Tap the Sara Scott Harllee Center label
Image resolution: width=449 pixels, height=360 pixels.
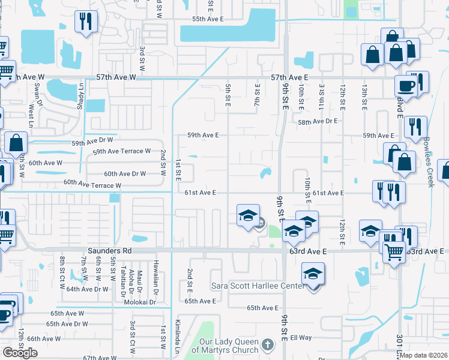point(258,286)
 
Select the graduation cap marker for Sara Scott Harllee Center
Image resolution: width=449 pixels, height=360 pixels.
point(313,274)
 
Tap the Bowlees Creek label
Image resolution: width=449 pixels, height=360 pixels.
point(427,161)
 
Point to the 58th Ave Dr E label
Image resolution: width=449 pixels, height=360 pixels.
point(319,121)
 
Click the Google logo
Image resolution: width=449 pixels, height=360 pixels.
point(20,352)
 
